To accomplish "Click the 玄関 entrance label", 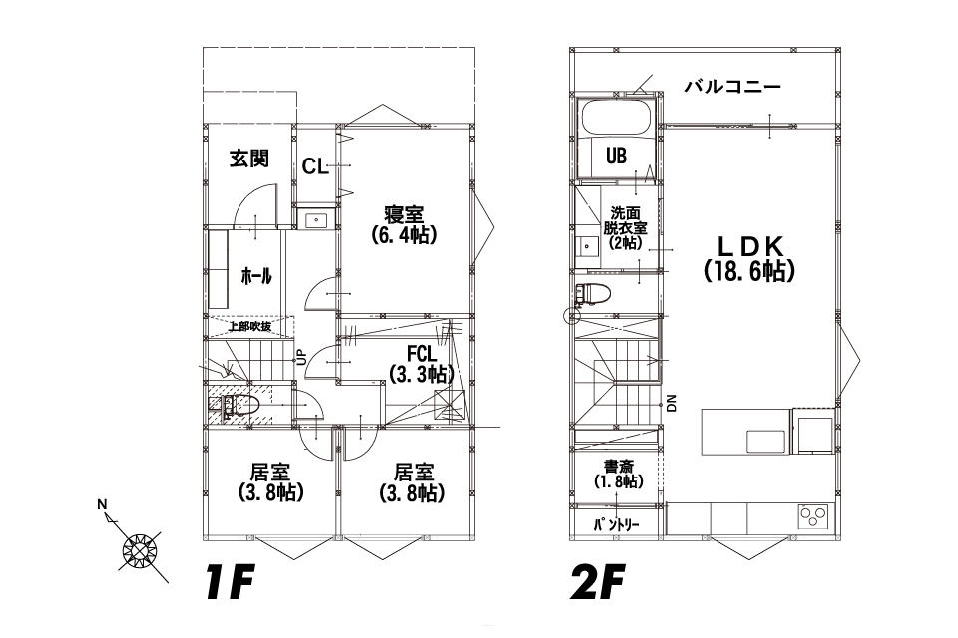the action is click(249, 159).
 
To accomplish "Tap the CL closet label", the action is click(315, 166).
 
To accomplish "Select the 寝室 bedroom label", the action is click(404, 215).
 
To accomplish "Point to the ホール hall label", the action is click(256, 276).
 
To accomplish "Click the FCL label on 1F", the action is click(422, 354).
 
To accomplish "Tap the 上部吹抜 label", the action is click(249, 326).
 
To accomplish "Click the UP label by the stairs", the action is click(300, 357).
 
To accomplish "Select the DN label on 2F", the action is click(672, 403).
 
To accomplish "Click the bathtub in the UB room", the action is click(615, 118).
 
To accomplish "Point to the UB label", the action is click(616, 156).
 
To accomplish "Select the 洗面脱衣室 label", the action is click(625, 221).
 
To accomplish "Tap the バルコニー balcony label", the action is click(731, 87).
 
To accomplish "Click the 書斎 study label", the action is click(619, 468).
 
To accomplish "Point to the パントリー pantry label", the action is click(616, 525).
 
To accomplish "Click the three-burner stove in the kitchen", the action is click(814, 517).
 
